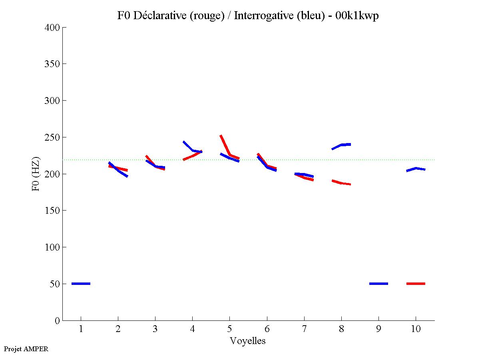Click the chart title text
[x=247, y=16]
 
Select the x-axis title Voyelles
[x=247, y=341]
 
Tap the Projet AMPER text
[x=26, y=349]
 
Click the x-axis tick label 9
[x=378, y=329]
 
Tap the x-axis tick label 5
[x=229, y=329]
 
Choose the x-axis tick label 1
[x=81, y=329]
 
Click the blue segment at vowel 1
[x=81, y=284]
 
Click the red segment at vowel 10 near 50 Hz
[x=416, y=284]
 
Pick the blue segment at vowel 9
[x=378, y=284]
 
